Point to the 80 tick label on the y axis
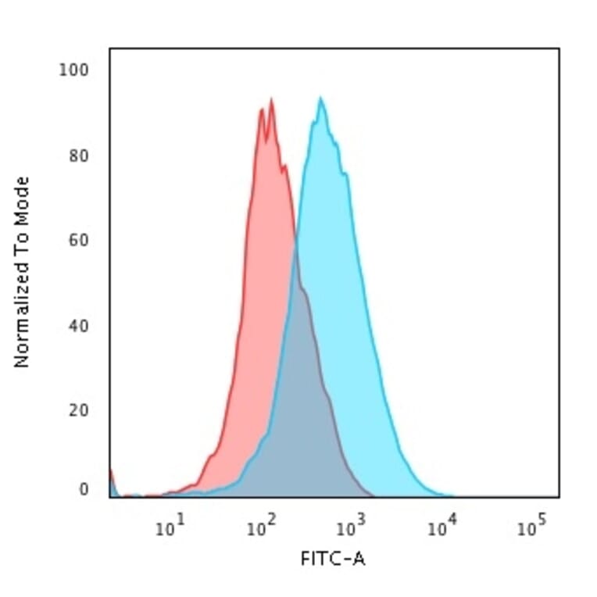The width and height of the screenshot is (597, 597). (77, 155)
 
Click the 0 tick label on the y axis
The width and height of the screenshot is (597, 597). (84, 490)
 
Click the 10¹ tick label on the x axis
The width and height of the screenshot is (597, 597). (169, 528)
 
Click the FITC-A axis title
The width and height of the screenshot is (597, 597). (333, 559)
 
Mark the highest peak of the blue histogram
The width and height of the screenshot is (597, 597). (320, 98)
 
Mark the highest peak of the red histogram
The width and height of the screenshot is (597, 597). (271, 99)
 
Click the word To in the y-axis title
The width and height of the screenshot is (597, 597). (22, 240)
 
